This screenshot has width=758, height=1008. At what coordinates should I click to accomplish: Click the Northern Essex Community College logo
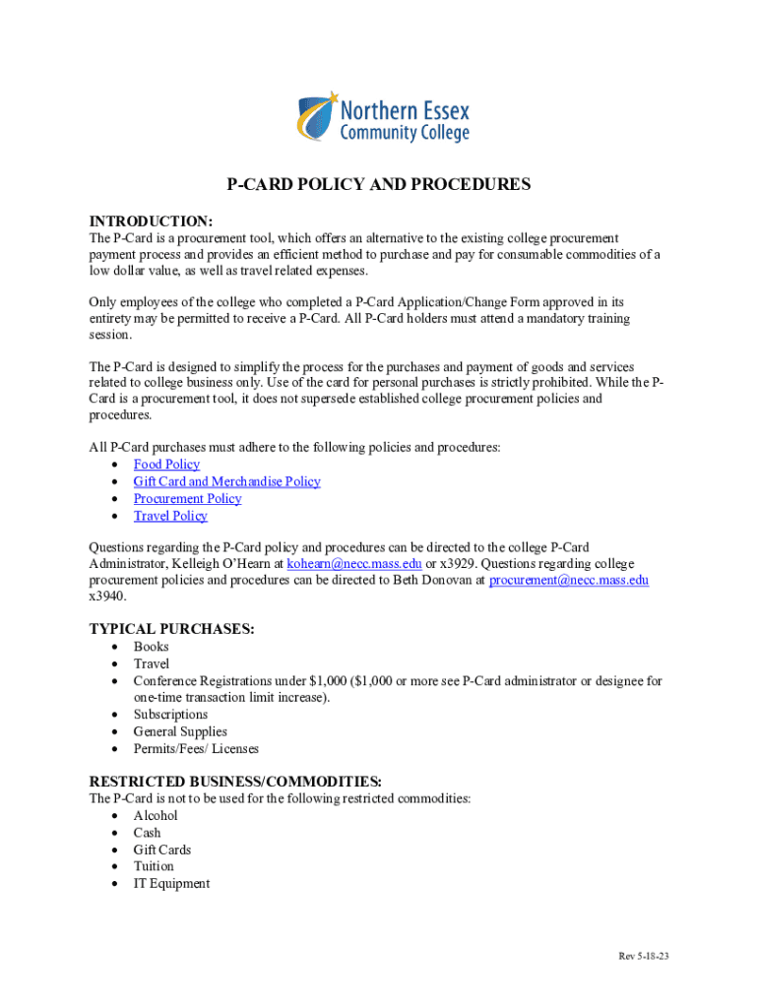pos(383,117)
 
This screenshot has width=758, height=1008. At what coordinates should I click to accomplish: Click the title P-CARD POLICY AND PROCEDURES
pos(379,184)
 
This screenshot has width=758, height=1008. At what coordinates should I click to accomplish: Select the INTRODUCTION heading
pos(151,220)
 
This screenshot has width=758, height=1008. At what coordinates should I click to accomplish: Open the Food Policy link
pos(166,465)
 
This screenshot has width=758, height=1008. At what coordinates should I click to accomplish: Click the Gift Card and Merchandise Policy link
pos(226,481)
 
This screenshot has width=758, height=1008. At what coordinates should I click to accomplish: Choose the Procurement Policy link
pos(187,498)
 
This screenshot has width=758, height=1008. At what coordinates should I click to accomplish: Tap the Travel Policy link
pos(170,516)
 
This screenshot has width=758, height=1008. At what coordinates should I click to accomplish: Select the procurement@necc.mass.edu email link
pos(568,581)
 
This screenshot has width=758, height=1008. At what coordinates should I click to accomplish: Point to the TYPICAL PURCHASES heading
pos(172,628)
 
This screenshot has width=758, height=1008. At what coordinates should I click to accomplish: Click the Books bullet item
pos(151,647)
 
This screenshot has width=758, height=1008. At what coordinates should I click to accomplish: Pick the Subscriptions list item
pos(170,715)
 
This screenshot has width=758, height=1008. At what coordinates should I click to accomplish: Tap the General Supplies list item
pos(180,731)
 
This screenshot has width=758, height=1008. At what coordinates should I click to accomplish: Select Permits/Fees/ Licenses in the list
pos(196,748)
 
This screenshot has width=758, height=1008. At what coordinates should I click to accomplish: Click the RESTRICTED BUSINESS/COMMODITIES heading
pos(228,782)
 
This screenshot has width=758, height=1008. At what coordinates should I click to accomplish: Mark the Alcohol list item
pos(156,816)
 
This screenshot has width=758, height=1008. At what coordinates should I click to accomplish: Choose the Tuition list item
pos(154,866)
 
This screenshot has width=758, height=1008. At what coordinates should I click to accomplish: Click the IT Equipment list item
pos(171,883)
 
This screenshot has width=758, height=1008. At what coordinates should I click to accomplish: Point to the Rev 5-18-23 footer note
pos(644,957)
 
